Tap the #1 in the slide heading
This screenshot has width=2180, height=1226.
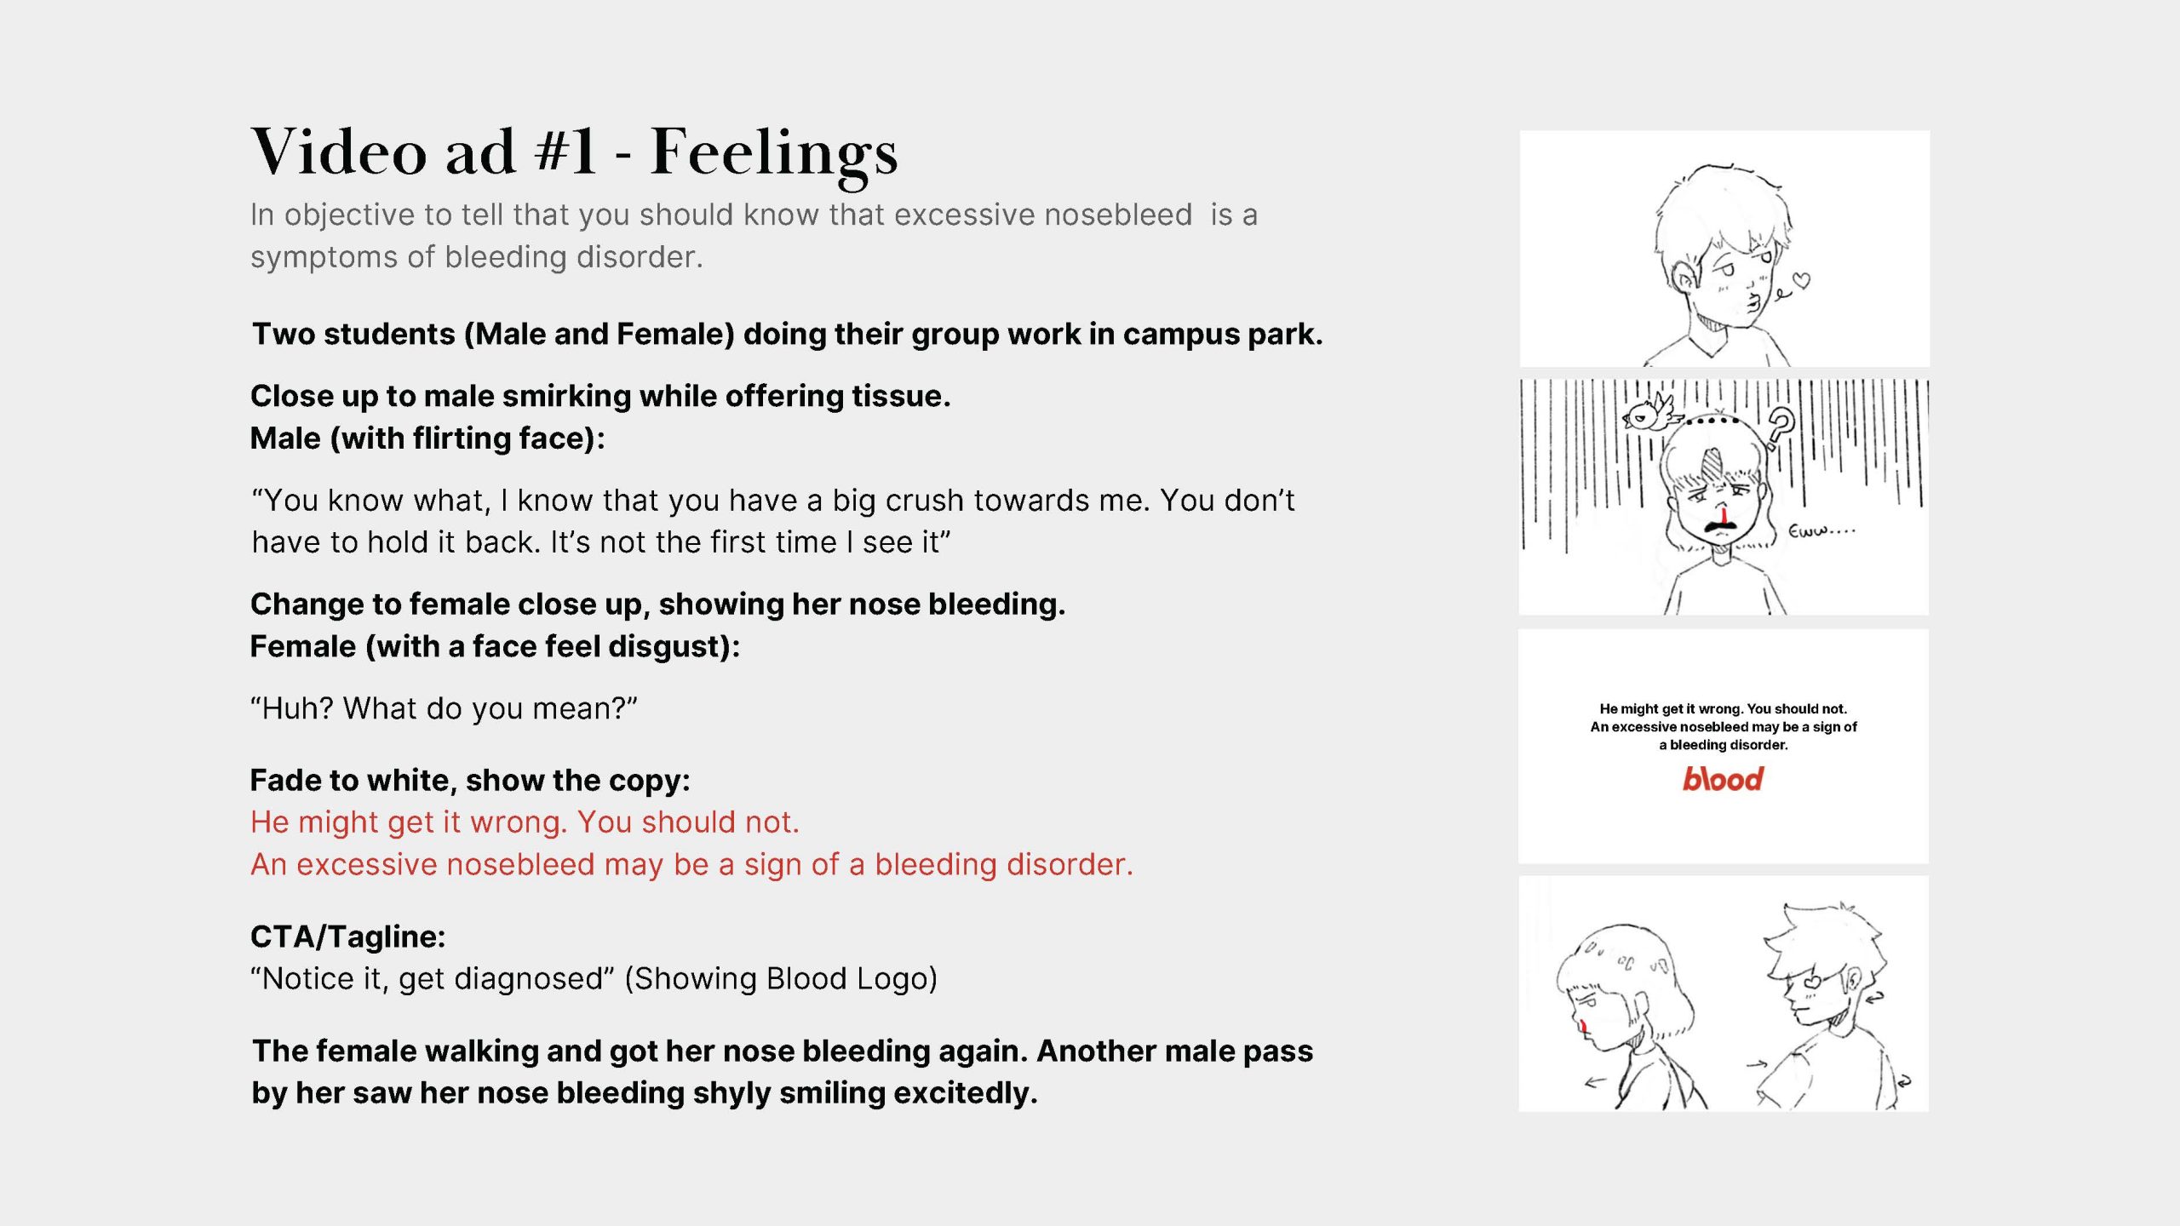565,151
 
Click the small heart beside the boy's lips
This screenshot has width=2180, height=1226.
1801,280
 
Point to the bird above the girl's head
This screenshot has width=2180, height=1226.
1650,414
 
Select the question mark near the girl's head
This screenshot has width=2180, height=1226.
1780,426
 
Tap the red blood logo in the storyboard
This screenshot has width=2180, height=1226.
1723,778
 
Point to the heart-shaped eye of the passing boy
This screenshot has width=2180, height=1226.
1812,981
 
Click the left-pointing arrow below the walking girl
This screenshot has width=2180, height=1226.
1595,1083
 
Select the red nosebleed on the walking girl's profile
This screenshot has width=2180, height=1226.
1582,1025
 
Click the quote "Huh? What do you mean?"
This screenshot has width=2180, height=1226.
444,708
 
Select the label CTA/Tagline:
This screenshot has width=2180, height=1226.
347,937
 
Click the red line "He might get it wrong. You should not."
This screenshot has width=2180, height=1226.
525,822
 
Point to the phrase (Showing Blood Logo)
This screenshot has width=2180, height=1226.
781,979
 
